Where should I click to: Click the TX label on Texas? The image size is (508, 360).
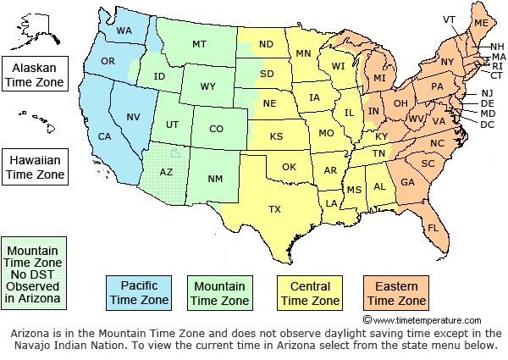[x=274, y=208]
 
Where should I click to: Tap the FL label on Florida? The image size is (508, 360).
[x=433, y=229]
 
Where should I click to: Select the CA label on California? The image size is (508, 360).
[x=105, y=137]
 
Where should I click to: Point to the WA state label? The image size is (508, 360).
[x=124, y=31]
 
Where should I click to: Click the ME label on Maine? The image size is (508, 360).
[x=481, y=22]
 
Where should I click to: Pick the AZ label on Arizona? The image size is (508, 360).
[x=167, y=172]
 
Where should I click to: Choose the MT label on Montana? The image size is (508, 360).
[x=199, y=44]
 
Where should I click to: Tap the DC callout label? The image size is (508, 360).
[x=487, y=125]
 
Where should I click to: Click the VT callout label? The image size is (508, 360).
[x=449, y=19]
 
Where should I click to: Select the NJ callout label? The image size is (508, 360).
[x=487, y=93]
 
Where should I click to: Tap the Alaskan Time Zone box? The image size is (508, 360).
[x=35, y=74]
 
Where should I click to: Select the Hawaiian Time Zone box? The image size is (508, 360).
[x=35, y=166]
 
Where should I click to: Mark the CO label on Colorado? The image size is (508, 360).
[x=216, y=129]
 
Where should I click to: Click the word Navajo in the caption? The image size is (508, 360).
[x=34, y=346]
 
